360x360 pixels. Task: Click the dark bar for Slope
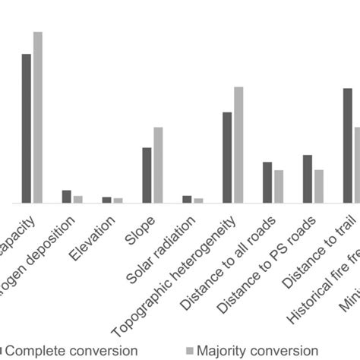coord(147,175)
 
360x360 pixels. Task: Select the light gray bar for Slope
coord(158,165)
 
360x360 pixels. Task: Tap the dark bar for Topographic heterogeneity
coord(227,157)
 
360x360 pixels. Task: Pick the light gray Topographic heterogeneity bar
coord(238,145)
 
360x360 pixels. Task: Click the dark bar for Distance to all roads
coord(267,182)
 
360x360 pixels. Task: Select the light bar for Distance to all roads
coord(279,186)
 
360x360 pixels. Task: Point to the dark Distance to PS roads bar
coord(308,179)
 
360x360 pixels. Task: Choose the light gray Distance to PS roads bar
coord(319,186)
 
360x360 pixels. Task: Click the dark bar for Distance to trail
coord(347,145)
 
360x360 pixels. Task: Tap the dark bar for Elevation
coord(106,200)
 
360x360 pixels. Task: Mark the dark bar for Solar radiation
coord(187,199)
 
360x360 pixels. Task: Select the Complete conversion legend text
coord(61,351)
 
